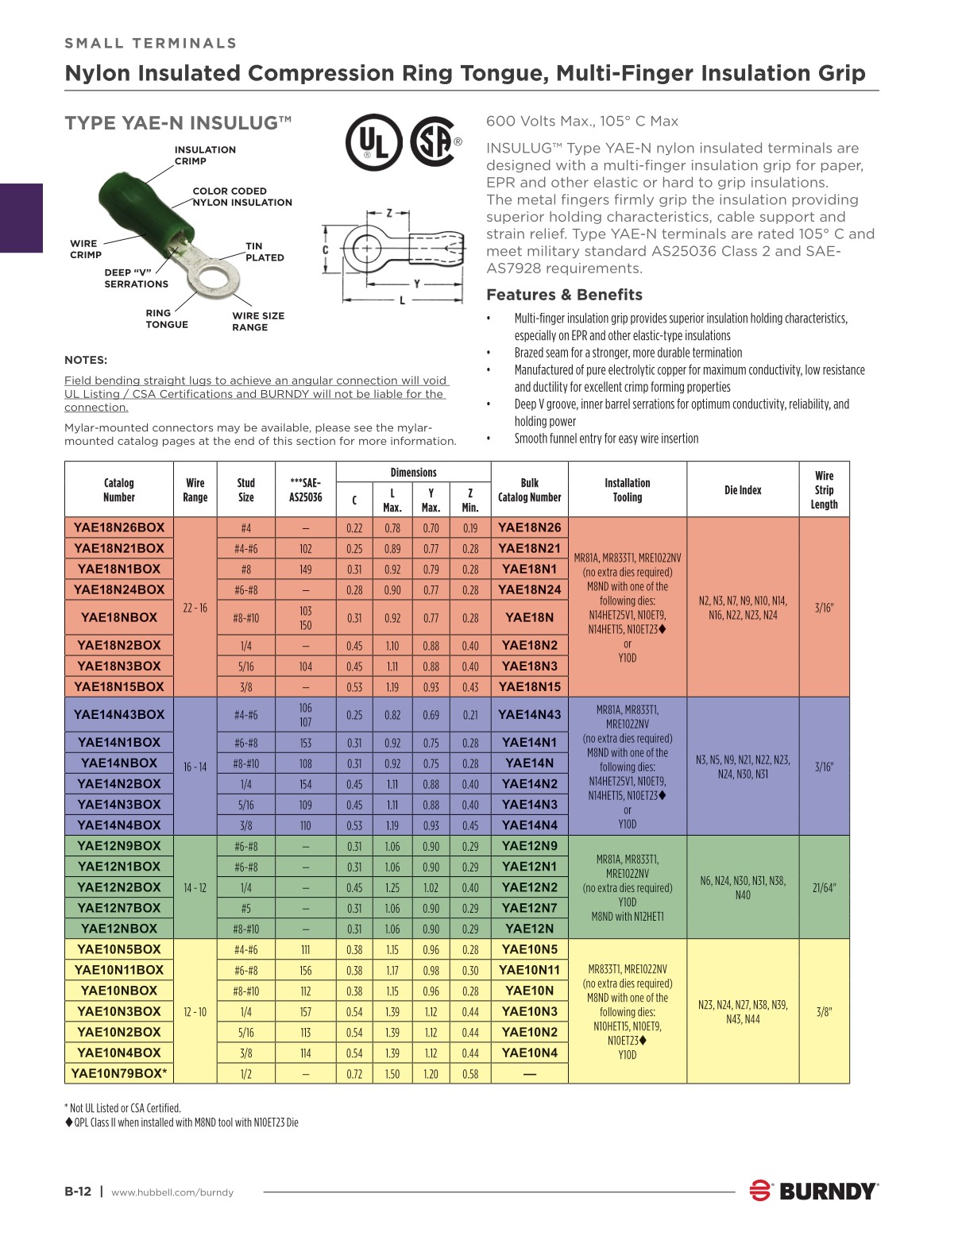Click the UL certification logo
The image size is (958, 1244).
click(373, 143)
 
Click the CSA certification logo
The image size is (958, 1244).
click(433, 142)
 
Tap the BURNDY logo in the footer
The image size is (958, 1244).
click(814, 1191)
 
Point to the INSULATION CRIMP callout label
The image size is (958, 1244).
click(205, 155)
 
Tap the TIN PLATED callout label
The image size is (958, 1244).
click(265, 252)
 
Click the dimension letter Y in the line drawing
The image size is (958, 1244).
click(416, 284)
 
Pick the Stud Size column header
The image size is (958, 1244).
click(246, 489)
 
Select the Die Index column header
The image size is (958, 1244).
click(743, 490)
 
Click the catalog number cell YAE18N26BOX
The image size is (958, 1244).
click(119, 527)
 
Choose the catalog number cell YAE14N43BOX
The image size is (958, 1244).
click(119, 714)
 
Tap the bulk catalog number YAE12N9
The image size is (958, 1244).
click(530, 846)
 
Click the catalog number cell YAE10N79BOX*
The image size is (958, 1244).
click(119, 1073)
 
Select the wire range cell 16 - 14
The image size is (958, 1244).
click(195, 767)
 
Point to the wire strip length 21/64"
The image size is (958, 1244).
click(824, 887)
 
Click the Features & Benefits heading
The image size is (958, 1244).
click(564, 295)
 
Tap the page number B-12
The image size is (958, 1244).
click(78, 1192)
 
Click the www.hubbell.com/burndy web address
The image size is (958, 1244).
click(172, 1192)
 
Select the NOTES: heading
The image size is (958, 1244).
click(86, 360)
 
